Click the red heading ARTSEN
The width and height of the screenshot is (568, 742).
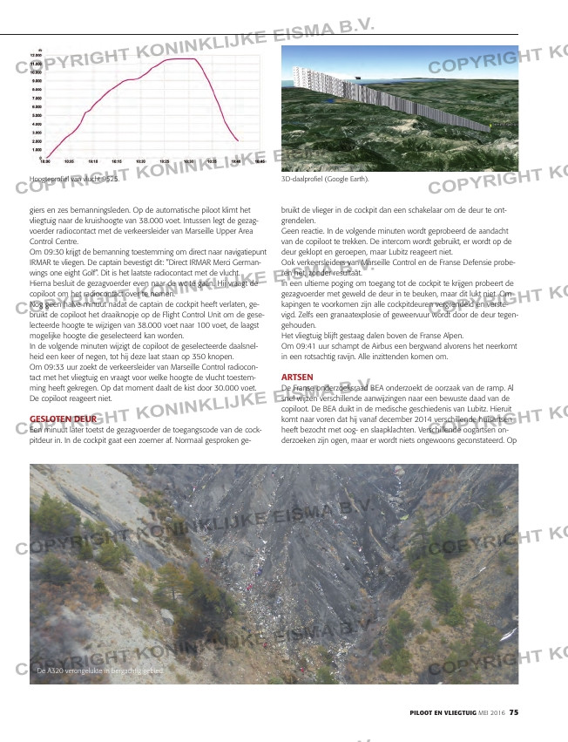coord(298,376)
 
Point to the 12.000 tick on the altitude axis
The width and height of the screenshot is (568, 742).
coord(36,56)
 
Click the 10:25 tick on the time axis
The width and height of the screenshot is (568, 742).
coord(165,161)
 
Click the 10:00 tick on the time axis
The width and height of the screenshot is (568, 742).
coord(45,161)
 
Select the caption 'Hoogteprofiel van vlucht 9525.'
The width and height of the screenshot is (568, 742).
coord(73,179)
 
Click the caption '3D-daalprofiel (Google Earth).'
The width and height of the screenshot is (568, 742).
coord(325,180)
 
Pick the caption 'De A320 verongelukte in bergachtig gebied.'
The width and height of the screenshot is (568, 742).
coord(99,671)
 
